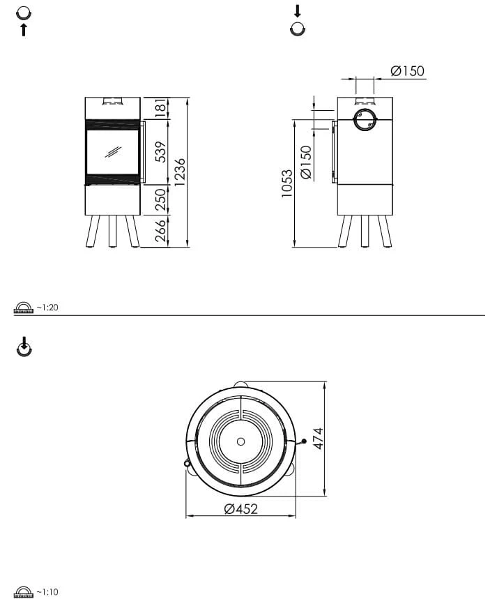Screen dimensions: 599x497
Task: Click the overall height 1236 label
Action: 181,172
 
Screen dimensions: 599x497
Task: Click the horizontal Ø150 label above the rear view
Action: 407,71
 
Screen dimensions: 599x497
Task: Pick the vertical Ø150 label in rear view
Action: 306,162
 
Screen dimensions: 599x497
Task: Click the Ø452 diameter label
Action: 240,509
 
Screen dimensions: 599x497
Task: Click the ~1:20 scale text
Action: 47,307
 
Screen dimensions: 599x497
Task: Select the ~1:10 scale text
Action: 47,591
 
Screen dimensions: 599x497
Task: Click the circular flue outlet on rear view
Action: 364,120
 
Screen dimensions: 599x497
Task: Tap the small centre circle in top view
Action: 241,441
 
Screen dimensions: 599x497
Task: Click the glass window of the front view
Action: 112,152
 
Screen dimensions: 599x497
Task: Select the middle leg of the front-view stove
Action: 112,231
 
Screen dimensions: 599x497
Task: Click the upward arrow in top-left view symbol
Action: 24,30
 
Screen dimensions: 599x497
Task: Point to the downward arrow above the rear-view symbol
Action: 298,11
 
